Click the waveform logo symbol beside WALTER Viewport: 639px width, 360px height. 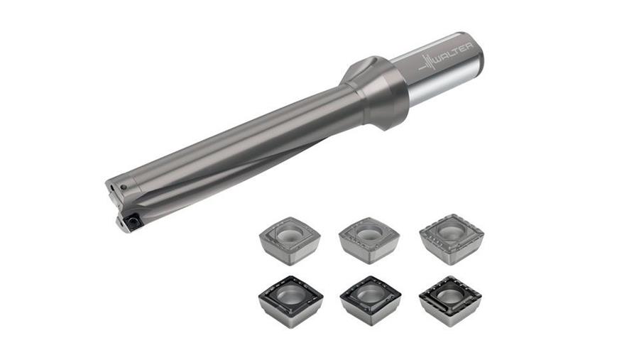click(427, 64)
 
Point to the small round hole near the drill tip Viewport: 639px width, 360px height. click(124, 187)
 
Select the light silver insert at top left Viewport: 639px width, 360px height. click(290, 241)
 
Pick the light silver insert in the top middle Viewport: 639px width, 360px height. click(368, 241)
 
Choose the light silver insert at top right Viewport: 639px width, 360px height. click(452, 239)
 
